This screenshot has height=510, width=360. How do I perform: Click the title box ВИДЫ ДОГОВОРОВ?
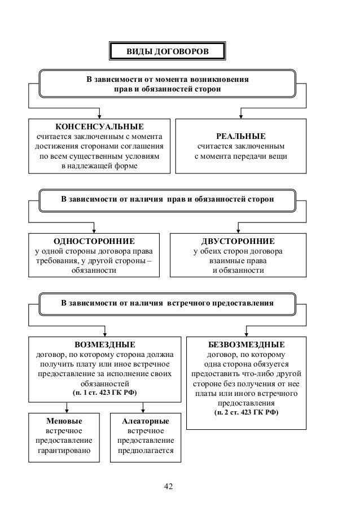(x=166, y=52)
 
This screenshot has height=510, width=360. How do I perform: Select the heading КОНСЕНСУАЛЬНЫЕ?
(x=99, y=126)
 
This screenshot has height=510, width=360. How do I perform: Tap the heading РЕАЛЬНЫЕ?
(x=241, y=137)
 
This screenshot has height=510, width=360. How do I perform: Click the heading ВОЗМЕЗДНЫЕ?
(x=106, y=343)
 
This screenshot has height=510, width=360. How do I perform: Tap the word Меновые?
(x=63, y=421)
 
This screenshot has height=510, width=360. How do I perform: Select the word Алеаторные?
(x=145, y=421)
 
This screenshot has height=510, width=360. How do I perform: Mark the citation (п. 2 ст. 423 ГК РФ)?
(x=247, y=412)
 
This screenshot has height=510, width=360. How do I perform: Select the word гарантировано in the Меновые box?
(x=64, y=451)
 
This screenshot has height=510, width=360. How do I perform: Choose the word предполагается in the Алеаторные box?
(x=146, y=451)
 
